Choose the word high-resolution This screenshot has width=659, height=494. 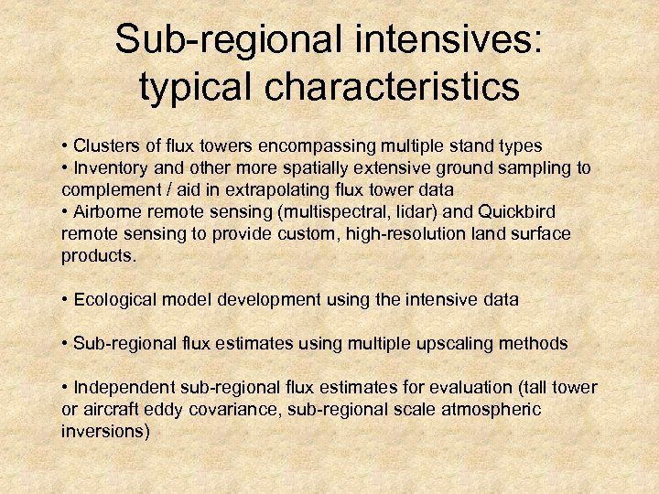372,233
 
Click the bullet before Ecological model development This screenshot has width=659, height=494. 65,299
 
